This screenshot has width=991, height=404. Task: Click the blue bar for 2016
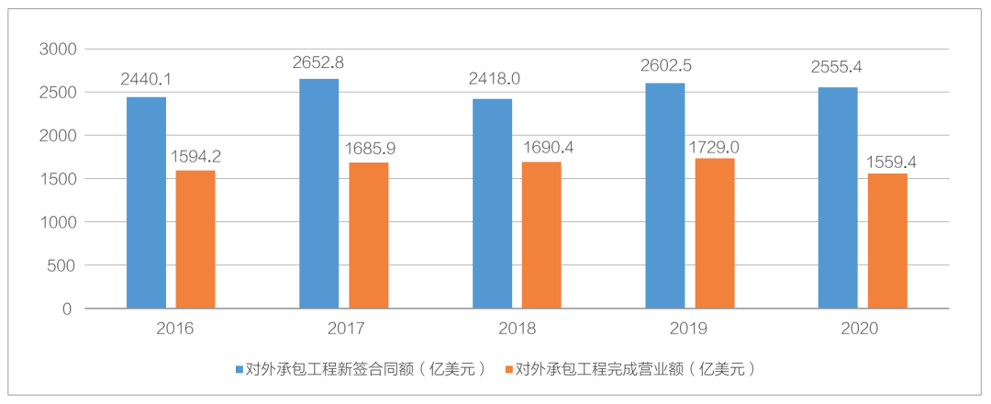click(x=146, y=203)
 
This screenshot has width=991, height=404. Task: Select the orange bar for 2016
click(x=195, y=240)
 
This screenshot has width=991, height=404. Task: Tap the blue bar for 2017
click(x=319, y=194)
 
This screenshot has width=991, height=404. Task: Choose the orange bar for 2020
click(x=886, y=241)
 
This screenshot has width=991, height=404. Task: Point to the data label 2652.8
click(x=319, y=63)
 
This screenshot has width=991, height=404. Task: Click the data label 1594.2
click(x=195, y=156)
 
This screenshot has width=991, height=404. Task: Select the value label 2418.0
click(x=492, y=79)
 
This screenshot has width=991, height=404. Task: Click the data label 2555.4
click(x=838, y=67)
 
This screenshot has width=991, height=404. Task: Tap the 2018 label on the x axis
click(x=517, y=329)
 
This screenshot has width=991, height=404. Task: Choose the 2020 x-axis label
click(x=863, y=329)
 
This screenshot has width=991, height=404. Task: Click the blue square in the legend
click(x=238, y=370)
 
